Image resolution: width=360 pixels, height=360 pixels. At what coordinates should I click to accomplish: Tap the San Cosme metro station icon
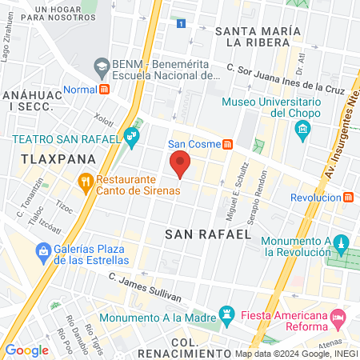(x=228, y=145)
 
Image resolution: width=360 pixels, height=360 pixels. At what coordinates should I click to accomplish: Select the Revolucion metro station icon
(x=348, y=197)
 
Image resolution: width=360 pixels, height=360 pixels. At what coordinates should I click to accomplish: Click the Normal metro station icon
(x=105, y=90)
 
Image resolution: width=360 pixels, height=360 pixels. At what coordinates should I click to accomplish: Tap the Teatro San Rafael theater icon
(x=132, y=138)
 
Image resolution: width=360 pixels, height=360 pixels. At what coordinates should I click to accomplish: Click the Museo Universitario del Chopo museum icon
(x=302, y=132)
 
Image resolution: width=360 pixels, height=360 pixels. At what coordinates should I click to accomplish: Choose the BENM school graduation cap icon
(x=102, y=65)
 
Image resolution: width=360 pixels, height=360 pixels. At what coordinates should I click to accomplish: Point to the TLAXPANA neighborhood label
(x=47, y=158)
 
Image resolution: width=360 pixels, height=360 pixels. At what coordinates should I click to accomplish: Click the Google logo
(x=26, y=350)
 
